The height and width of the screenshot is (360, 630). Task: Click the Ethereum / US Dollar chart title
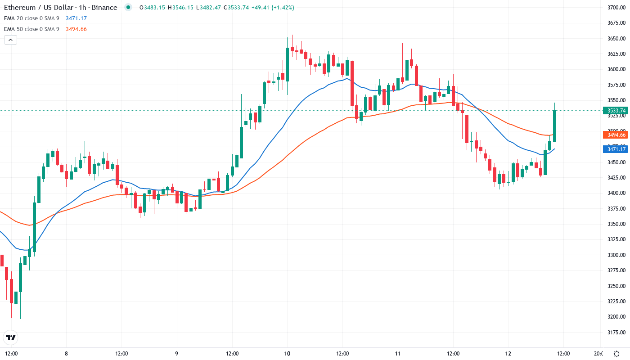point(61,8)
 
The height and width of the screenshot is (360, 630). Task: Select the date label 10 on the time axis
point(287,353)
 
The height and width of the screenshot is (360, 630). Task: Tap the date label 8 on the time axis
point(66,353)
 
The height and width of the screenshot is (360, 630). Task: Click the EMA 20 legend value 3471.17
point(76,18)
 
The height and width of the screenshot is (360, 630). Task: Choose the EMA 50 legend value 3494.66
point(76,29)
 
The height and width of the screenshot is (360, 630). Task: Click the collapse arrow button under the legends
point(10,40)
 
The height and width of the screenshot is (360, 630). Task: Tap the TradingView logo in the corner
point(11,337)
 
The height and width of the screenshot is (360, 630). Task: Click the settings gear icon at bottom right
point(616,353)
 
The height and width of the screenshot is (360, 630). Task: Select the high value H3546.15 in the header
point(180,8)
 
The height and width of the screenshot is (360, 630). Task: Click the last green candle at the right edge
point(555,126)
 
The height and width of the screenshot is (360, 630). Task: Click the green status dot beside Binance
point(128,8)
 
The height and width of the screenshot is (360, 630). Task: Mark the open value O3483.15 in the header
point(152,8)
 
